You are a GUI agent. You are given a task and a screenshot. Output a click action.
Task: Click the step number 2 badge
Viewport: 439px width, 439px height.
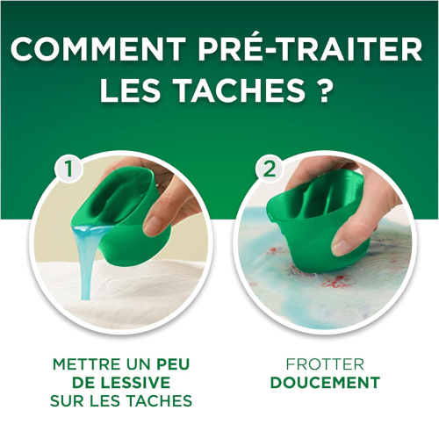268,169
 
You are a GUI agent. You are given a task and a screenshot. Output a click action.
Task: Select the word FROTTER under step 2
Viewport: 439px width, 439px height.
325,363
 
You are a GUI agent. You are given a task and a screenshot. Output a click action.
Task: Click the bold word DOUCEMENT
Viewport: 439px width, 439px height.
325,383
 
